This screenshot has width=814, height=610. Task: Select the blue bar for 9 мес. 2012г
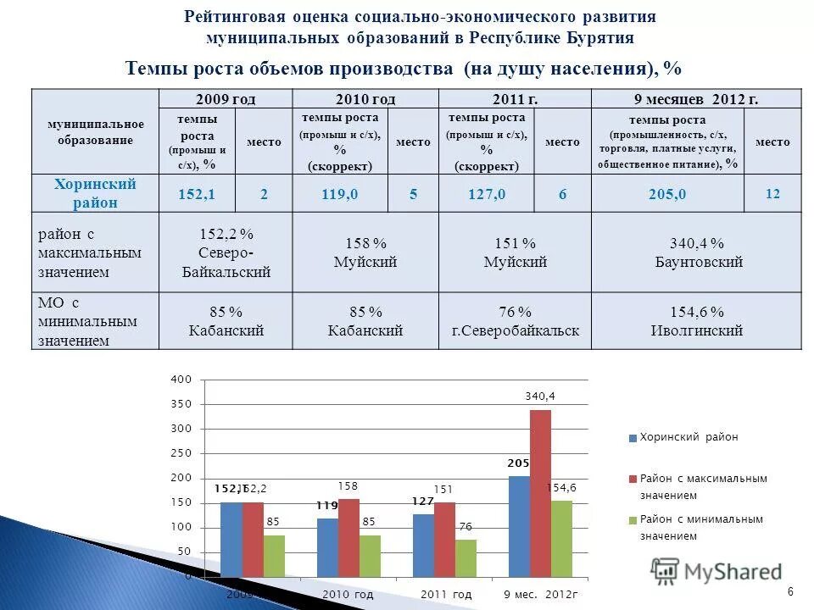(x=519, y=525)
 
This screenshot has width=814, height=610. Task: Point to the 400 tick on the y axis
(x=181, y=379)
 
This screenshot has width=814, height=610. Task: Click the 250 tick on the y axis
(x=181, y=453)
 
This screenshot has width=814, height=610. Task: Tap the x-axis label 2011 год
(x=445, y=595)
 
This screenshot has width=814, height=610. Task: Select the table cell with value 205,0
(x=666, y=194)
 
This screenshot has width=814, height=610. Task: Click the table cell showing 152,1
(x=196, y=194)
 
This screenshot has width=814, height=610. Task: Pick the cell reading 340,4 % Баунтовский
(x=698, y=252)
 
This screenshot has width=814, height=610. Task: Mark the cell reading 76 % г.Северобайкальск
(x=515, y=321)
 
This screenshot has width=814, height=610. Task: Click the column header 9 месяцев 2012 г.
(x=696, y=98)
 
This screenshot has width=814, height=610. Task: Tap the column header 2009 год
(x=225, y=98)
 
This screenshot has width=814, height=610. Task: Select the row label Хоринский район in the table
(x=95, y=193)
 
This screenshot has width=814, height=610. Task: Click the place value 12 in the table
(x=772, y=194)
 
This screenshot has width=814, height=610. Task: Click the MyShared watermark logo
(x=716, y=571)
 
